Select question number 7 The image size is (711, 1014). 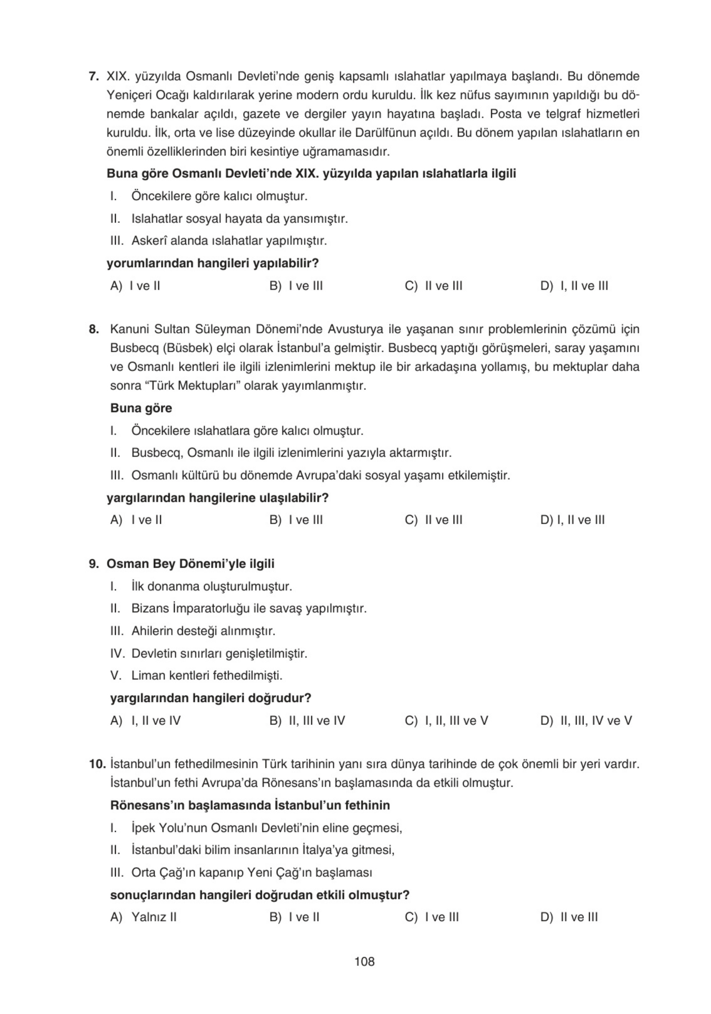[94, 77]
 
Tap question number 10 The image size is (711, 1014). [97, 763]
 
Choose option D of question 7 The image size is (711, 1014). [574, 286]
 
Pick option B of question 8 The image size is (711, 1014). [296, 520]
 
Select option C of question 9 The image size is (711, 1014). [446, 721]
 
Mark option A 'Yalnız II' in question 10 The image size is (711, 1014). [143, 917]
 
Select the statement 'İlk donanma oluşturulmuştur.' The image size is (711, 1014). [212, 586]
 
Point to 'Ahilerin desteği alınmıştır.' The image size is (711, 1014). [203, 631]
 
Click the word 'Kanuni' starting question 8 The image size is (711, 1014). [129, 329]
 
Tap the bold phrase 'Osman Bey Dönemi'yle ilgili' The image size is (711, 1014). [190, 563]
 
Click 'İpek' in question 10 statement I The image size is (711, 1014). [142, 827]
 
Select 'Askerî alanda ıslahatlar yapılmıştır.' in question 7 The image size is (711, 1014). [229, 241]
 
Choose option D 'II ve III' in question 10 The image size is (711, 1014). [569, 917]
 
